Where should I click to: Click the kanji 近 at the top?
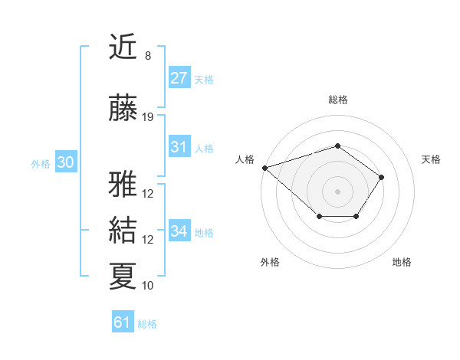click(x=123, y=47)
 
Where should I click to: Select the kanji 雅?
click(x=123, y=185)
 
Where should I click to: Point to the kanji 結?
click(x=123, y=231)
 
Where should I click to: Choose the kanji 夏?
click(x=123, y=277)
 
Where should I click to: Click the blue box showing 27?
click(x=179, y=78)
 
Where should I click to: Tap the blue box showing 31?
click(x=179, y=147)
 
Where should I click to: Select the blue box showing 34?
click(x=179, y=231)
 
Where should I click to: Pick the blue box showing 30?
click(x=65, y=162)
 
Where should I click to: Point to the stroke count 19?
click(x=148, y=117)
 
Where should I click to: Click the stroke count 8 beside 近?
click(x=147, y=56)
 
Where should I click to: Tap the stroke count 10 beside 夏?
click(x=148, y=286)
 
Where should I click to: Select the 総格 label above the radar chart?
click(x=338, y=100)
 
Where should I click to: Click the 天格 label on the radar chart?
click(x=432, y=159)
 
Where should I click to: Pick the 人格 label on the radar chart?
click(x=245, y=159)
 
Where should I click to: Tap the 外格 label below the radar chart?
click(x=269, y=262)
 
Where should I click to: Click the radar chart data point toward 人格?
click(x=264, y=167)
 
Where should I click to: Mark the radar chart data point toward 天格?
click(x=382, y=177)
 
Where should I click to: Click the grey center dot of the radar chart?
click(x=337, y=191)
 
